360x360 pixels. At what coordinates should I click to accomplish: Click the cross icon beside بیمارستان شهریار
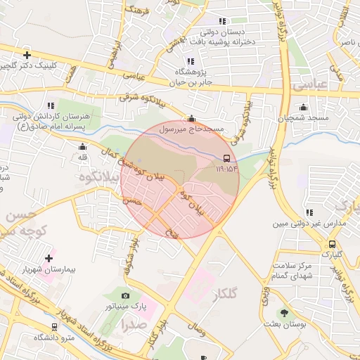49,258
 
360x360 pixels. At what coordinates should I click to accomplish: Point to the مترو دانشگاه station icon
55,327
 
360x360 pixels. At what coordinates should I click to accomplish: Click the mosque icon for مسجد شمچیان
303,108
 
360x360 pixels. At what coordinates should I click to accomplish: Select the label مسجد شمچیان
304,118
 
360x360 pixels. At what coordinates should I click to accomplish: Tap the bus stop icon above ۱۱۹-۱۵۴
226,158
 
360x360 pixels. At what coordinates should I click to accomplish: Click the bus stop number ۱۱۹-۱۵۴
226,169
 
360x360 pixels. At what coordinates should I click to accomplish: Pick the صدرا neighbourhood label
133,325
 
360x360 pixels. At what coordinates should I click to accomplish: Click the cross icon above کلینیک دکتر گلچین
27,55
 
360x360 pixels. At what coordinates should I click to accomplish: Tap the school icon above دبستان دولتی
223,22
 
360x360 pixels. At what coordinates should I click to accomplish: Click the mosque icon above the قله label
83,147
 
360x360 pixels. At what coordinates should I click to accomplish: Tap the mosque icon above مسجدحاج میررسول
191,119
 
